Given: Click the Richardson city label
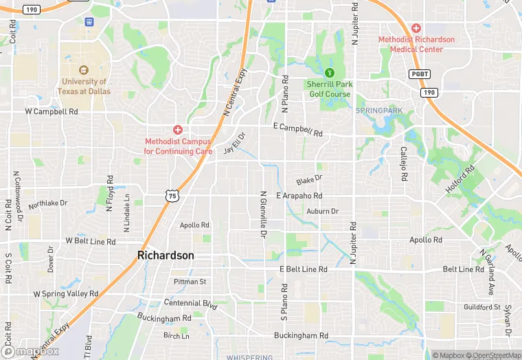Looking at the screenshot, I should point(166,255).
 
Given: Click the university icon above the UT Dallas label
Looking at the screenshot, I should point(84,69).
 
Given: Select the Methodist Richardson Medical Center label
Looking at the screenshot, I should point(416,44).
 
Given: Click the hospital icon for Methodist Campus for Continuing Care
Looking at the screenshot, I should point(178,129).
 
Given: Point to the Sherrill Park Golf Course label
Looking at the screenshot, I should point(329,89).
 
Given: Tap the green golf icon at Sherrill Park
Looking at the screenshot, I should point(329,72).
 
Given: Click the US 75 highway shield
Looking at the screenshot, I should point(172,195).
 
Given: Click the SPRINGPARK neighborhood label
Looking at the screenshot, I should point(378,110).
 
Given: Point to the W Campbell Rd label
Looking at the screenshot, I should point(52,111).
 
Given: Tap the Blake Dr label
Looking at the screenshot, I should point(309,180).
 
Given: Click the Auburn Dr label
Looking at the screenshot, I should point(322,211).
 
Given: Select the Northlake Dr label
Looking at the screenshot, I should point(48,203).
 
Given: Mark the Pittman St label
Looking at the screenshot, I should point(190,282).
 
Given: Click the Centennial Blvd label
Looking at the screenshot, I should point(191,303).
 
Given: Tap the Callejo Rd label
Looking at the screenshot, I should point(404,163).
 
